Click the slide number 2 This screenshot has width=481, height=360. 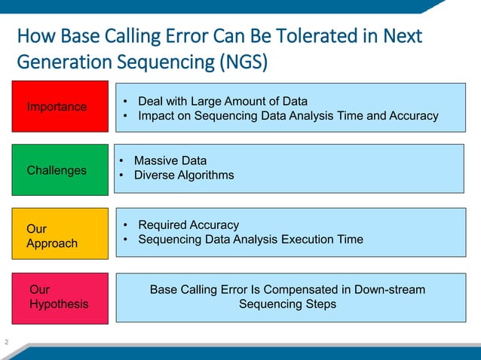pyautogui.click(x=6, y=343)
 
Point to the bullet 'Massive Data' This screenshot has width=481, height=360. pyautogui.click(x=170, y=160)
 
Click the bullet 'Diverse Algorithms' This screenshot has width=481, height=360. pyautogui.click(x=183, y=175)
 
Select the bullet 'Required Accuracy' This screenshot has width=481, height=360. pyautogui.click(x=188, y=224)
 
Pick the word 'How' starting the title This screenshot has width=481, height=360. pyautogui.click(x=34, y=35)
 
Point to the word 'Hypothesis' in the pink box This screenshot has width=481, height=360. pyautogui.click(x=59, y=304)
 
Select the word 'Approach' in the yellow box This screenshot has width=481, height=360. pyautogui.click(x=52, y=243)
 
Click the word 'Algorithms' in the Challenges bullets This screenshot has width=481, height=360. pyautogui.click(x=206, y=175)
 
